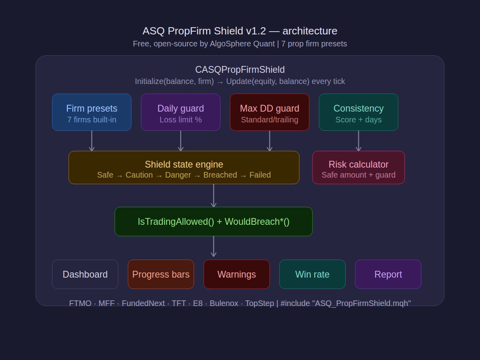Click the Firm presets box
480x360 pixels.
[x=92, y=112]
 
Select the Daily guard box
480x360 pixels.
[x=180, y=112]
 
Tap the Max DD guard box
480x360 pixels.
[x=269, y=112]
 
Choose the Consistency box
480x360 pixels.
[x=358, y=112]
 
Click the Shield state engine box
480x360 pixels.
[x=184, y=167]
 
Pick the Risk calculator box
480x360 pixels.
[x=358, y=167]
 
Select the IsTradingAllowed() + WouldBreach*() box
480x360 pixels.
[x=213, y=222]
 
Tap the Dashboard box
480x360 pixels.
[x=85, y=274]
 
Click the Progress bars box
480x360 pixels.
[x=161, y=274]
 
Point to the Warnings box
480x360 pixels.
[x=236, y=274]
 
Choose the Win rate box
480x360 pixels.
[x=312, y=274]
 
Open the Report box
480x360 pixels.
[x=388, y=274]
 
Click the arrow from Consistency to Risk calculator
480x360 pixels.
[x=358, y=141]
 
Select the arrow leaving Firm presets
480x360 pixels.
[x=92, y=141]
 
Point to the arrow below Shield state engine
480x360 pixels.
[x=214, y=196]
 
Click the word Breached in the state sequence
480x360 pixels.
[x=220, y=175]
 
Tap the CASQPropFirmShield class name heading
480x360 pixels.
[x=240, y=70]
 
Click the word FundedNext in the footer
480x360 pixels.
[x=143, y=303]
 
